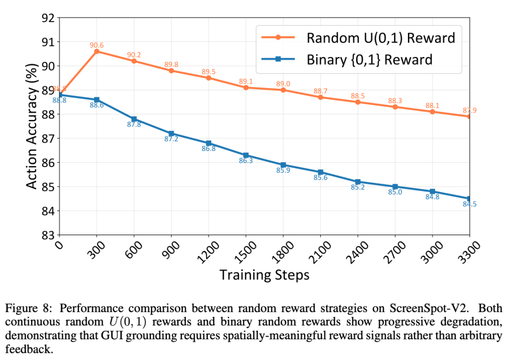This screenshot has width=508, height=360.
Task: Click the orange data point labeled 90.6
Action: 97,51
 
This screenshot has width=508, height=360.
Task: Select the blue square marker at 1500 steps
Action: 246,155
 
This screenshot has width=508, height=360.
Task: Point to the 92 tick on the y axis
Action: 48,18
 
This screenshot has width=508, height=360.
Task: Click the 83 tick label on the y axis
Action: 48,235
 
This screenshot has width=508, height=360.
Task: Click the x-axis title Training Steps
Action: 264,275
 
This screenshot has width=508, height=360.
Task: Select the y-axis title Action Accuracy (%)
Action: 32,126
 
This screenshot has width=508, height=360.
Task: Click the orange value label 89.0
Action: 283,84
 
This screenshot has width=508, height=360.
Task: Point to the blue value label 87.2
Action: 171,139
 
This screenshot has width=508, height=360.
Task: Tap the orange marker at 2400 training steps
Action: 357,102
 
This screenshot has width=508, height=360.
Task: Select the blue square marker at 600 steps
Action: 134,119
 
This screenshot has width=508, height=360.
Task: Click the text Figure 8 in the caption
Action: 24,309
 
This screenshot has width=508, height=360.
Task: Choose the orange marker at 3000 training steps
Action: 432,112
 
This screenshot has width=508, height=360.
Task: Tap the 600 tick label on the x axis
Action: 135,249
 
